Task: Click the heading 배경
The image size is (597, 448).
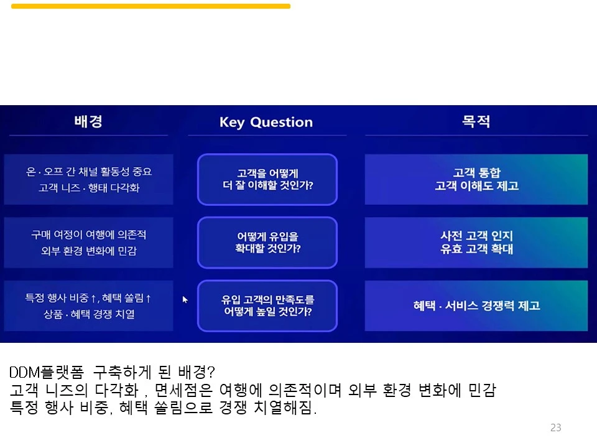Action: point(88,121)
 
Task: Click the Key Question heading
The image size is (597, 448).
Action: point(266,122)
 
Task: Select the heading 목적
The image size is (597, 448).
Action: point(476,121)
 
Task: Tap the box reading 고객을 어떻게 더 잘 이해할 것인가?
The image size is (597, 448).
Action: point(267,179)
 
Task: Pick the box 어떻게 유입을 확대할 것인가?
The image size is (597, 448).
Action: point(267,242)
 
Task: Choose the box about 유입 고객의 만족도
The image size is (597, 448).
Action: point(267,306)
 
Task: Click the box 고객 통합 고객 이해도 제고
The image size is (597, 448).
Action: point(476,179)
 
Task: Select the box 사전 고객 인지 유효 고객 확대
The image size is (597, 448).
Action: point(476,242)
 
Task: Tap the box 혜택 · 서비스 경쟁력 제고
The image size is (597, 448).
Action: point(476,306)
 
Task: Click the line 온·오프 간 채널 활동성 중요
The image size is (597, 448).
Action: point(88,171)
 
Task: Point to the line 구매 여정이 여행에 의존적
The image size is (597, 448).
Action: point(88,235)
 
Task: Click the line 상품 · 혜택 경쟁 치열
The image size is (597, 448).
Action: point(88,314)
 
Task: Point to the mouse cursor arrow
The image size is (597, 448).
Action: point(185,299)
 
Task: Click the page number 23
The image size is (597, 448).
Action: point(556,427)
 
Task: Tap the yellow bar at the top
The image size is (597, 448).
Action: point(150,6)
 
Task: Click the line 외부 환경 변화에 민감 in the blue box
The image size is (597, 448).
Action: point(88,251)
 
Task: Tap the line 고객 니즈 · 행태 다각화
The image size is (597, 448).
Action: point(88,187)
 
